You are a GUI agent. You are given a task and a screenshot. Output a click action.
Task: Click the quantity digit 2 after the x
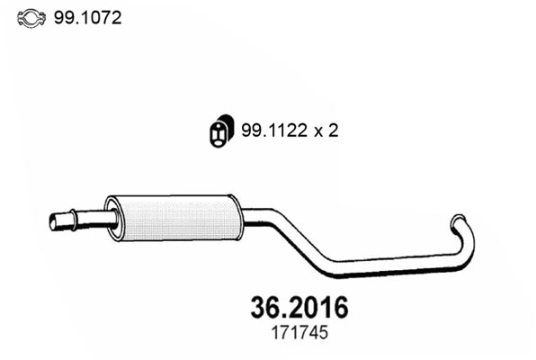(x=333, y=130)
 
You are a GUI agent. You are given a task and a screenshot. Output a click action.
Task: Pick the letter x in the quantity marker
(x=317, y=131)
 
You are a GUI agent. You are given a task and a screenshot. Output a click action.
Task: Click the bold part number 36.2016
(x=296, y=308)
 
